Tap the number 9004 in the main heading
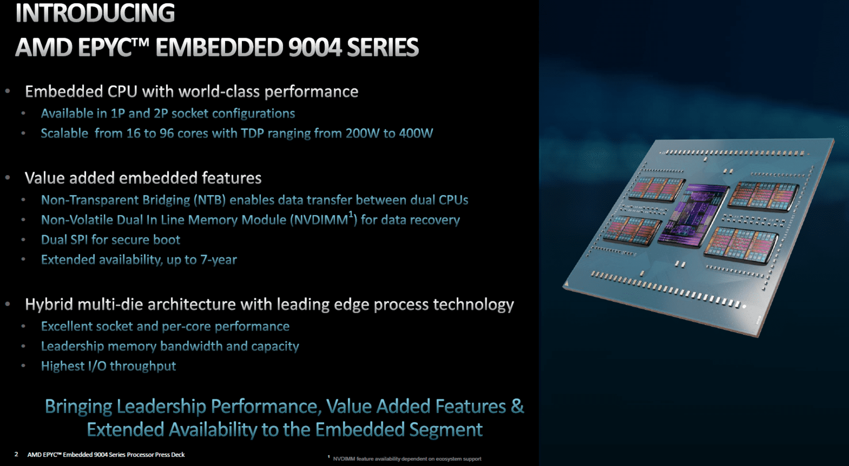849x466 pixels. pos(315,47)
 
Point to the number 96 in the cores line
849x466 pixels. pos(167,133)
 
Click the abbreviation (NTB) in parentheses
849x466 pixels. pos(210,200)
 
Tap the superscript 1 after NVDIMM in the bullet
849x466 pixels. pos(351,214)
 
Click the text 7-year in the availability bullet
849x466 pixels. pos(218,260)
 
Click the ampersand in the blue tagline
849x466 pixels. pos(517,406)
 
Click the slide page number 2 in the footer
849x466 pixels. pos(16,454)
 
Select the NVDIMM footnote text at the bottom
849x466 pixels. pos(407,458)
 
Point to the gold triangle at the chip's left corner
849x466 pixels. pos(566,283)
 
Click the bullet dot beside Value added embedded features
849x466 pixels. pos(8,178)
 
